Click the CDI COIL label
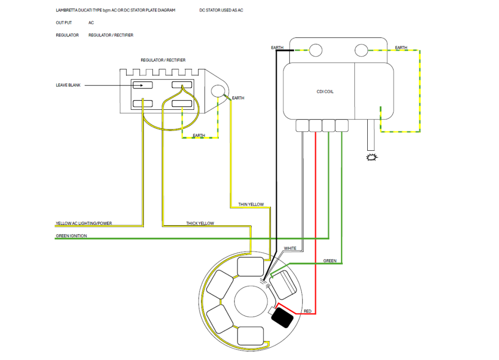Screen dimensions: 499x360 (325, 92)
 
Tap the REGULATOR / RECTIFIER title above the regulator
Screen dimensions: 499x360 (163, 60)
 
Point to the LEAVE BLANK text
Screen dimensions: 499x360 (68, 85)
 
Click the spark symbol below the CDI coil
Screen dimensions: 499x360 (372, 157)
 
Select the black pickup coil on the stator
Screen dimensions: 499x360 (282, 318)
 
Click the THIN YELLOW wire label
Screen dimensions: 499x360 (251, 204)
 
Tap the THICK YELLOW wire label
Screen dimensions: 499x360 (200, 224)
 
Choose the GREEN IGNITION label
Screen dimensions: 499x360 (71, 236)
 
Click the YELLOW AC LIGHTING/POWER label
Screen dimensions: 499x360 (84, 224)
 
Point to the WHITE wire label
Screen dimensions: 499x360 (290, 248)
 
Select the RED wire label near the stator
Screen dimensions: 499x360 (307, 311)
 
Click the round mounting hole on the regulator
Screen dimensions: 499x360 (218, 91)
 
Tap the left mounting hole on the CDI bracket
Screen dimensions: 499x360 (316, 50)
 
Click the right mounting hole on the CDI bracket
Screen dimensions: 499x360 (361, 50)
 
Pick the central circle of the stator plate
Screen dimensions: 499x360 (251, 301)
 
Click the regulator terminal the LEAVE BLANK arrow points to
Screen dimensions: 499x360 (143, 85)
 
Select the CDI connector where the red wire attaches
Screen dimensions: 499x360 (315, 126)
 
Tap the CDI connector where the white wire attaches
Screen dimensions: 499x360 (302, 126)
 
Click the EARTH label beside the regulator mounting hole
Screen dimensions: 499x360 (238, 98)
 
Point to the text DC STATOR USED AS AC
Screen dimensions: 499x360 (221, 10)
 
